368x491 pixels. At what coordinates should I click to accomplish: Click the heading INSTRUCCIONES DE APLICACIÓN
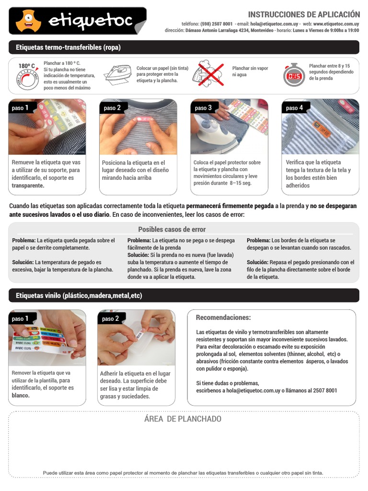tap(303, 14)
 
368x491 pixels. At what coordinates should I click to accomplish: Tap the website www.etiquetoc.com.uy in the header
tap(336, 23)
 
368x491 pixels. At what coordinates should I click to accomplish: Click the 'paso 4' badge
tap(294, 108)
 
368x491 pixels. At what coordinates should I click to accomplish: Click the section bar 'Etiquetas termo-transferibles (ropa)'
tap(68, 47)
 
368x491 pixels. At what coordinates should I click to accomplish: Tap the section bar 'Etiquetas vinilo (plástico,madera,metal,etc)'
tap(79, 296)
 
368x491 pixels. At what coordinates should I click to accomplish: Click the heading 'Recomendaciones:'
tap(223, 318)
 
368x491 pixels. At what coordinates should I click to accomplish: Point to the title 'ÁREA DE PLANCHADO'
tap(183, 419)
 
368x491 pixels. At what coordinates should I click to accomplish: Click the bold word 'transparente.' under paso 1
tap(28, 186)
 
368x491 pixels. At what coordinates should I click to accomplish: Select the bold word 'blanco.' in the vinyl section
tap(21, 396)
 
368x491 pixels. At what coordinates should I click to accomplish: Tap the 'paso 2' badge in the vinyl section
tap(111, 318)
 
